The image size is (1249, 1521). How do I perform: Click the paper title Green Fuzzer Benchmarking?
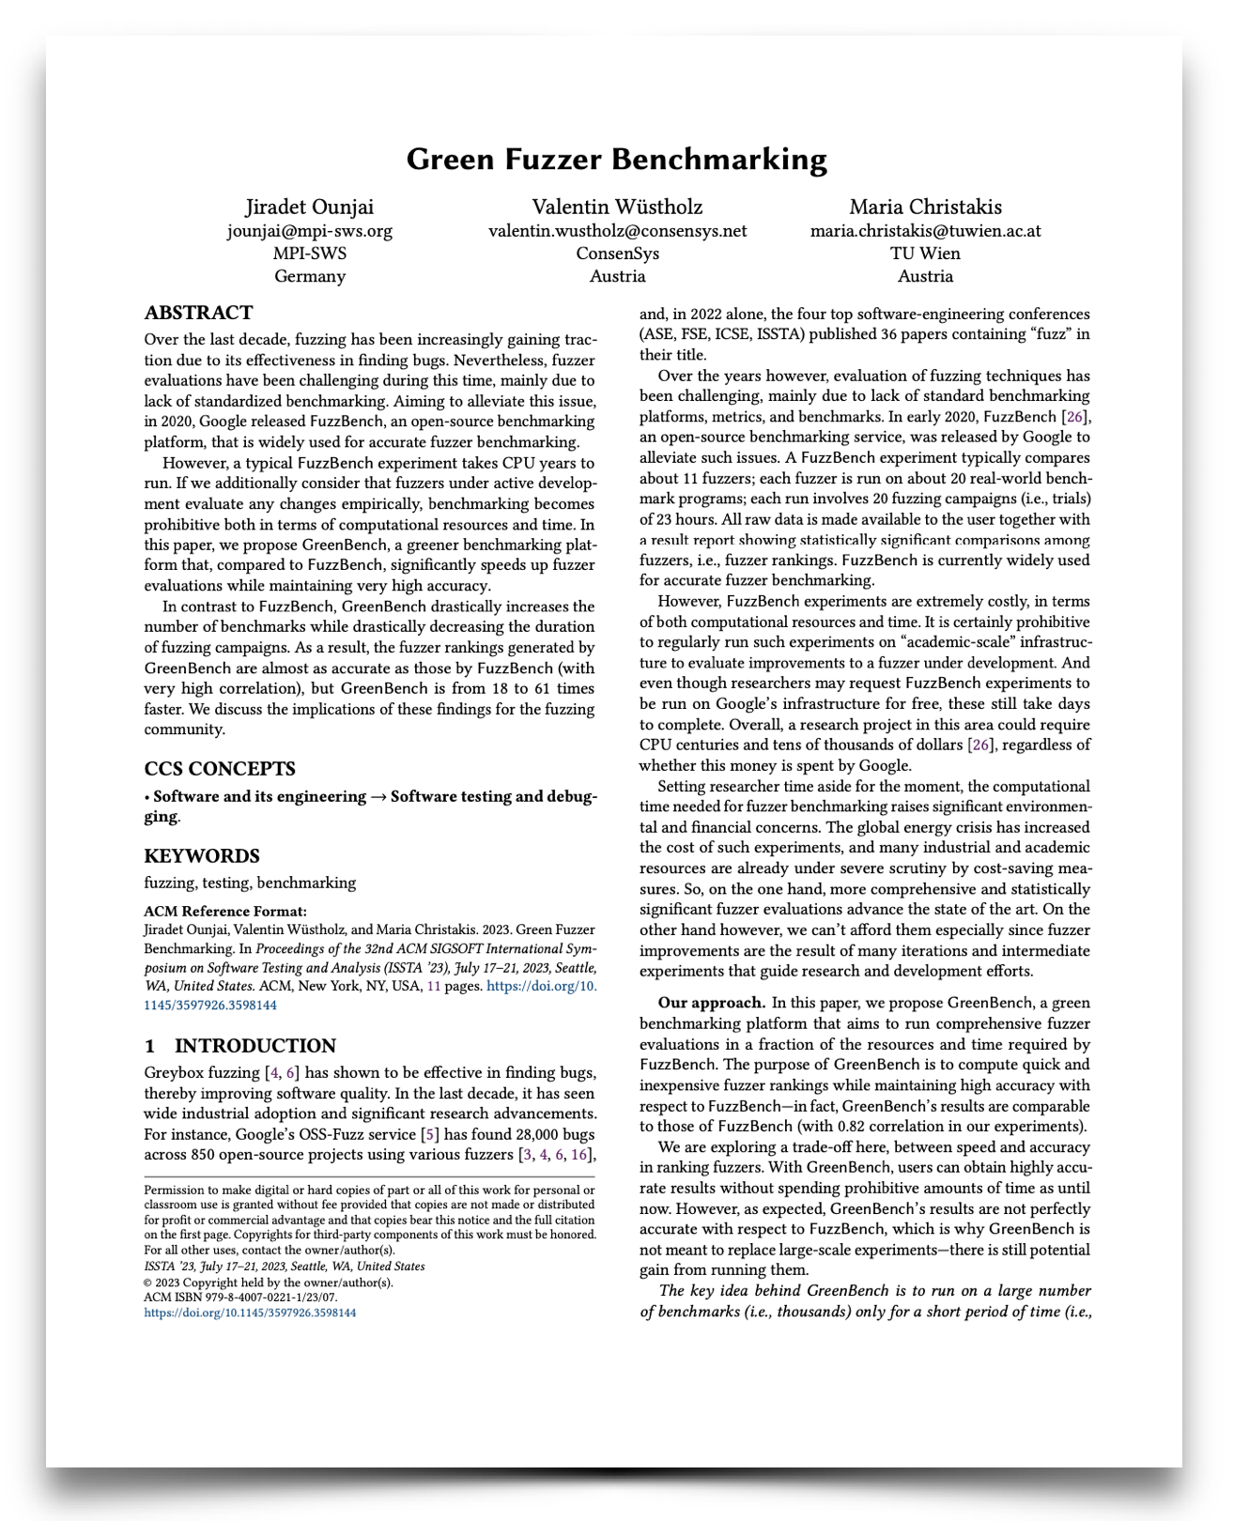click(x=617, y=160)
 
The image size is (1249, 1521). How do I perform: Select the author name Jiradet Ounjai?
click(x=309, y=207)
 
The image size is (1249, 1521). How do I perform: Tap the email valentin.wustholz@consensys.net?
click(x=617, y=231)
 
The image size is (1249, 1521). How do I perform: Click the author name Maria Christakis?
click(x=925, y=207)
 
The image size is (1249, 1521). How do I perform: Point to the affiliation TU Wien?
click(x=925, y=253)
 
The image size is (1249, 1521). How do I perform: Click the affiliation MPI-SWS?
click(x=309, y=253)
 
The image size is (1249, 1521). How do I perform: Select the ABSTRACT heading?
click(x=198, y=314)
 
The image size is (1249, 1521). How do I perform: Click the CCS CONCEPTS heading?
click(x=220, y=769)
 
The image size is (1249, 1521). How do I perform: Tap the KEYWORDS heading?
click(x=202, y=856)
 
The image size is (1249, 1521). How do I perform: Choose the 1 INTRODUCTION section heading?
click(x=240, y=1046)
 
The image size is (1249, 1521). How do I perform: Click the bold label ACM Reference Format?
click(x=225, y=912)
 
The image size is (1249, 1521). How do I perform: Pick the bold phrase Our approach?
click(x=712, y=1003)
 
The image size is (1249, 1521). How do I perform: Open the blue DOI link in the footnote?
click(x=250, y=1313)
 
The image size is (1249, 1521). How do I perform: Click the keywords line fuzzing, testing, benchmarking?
click(x=250, y=883)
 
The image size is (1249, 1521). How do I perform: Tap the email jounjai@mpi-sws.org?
click(x=309, y=231)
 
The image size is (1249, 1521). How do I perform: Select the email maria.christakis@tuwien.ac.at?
click(x=925, y=231)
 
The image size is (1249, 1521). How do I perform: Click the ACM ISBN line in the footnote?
click(x=240, y=1298)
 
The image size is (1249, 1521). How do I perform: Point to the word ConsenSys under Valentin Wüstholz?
click(x=617, y=253)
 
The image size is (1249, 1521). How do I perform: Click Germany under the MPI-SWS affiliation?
click(x=309, y=277)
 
